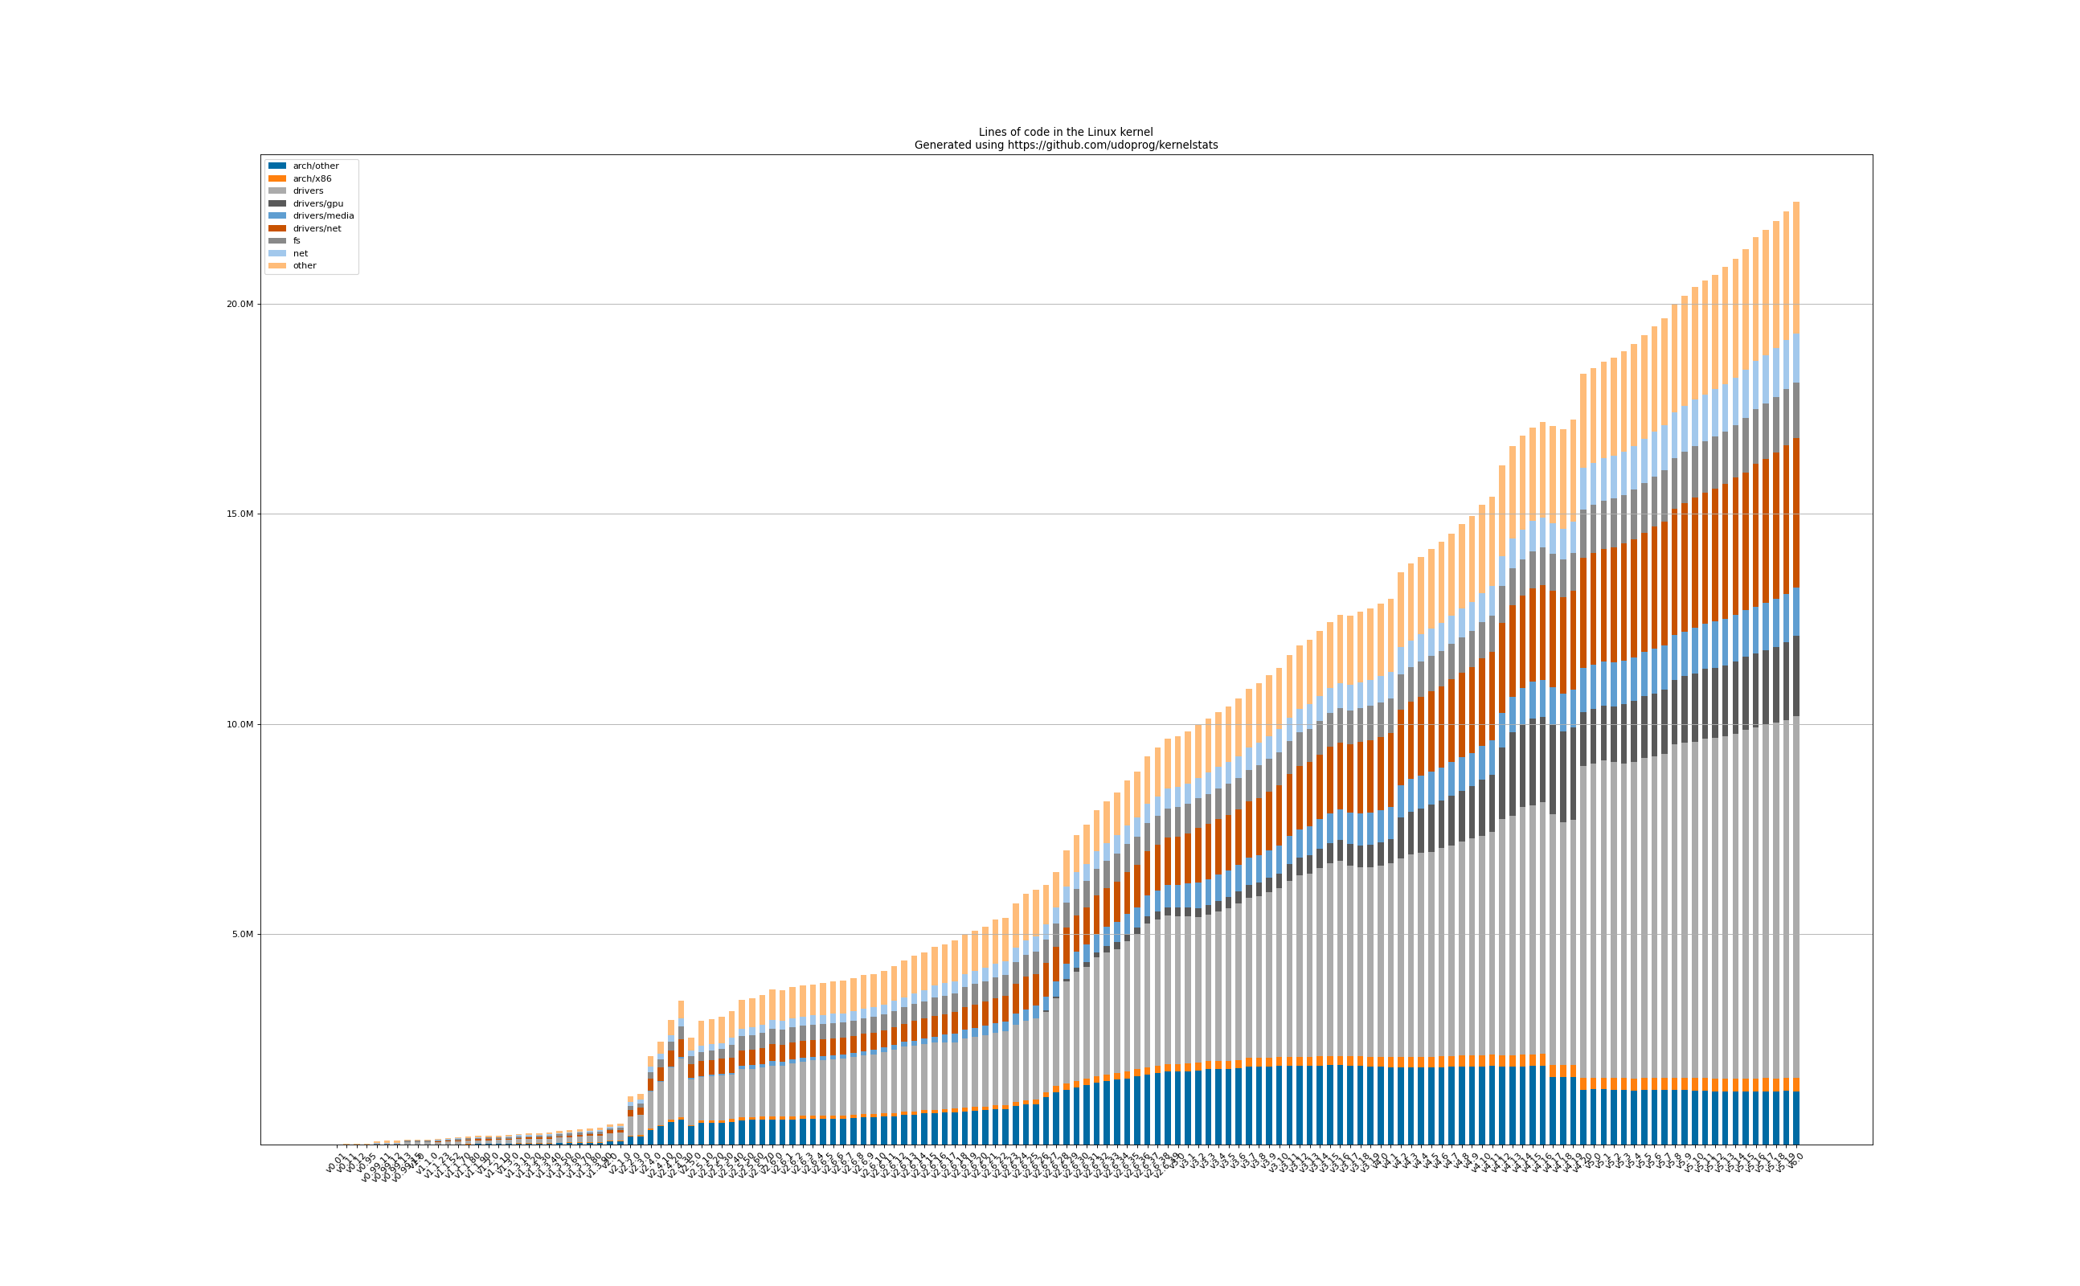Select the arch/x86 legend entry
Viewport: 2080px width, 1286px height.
(x=312, y=179)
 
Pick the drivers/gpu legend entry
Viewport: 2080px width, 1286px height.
(x=318, y=204)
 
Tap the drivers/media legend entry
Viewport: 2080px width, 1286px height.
(x=323, y=216)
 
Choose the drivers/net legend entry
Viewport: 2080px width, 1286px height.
(x=317, y=229)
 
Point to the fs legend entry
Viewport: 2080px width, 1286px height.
(x=297, y=240)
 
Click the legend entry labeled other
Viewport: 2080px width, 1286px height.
(x=305, y=266)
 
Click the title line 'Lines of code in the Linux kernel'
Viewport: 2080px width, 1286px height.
(x=1066, y=133)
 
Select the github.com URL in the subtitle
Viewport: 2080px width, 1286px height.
(x=1112, y=145)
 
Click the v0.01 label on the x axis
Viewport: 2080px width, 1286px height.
(x=336, y=1163)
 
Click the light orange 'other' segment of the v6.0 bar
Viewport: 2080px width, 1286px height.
(x=1796, y=268)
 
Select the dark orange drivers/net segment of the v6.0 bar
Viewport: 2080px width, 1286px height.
(x=1796, y=513)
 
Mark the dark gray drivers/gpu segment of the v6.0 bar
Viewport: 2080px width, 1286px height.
(x=1796, y=676)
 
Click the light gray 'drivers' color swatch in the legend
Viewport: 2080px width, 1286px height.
(x=277, y=191)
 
